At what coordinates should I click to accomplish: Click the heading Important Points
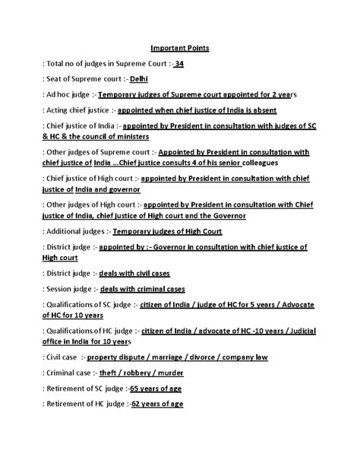(x=180, y=48)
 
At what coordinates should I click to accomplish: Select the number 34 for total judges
(x=178, y=63)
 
